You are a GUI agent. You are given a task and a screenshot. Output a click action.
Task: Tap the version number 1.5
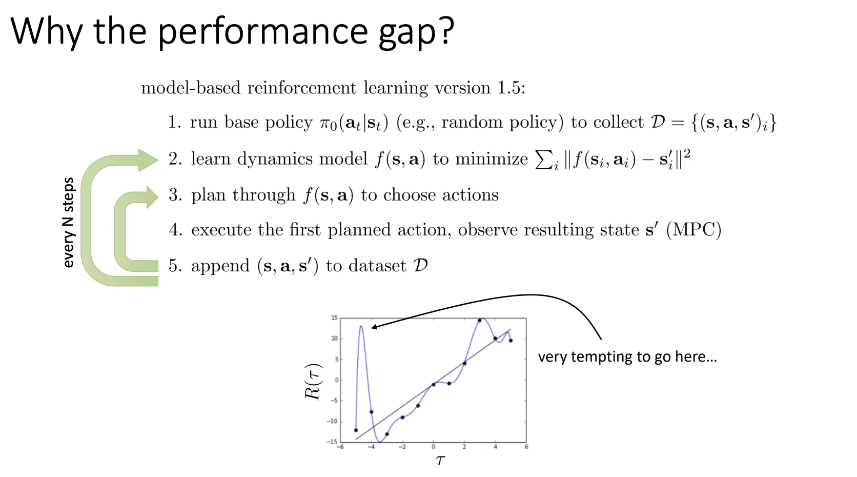[x=508, y=88]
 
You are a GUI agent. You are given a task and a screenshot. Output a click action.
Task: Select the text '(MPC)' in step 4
[x=693, y=230]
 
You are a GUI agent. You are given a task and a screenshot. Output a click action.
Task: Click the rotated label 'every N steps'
[x=68, y=223]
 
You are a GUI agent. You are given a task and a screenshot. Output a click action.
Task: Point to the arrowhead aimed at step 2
[x=148, y=160]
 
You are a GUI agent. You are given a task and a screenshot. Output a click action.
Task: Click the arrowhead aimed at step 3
[x=152, y=197]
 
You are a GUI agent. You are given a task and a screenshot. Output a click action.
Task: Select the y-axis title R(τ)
[x=313, y=382]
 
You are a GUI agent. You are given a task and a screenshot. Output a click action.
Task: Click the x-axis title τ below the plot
[x=440, y=460]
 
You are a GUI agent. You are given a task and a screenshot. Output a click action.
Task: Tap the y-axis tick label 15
[x=334, y=318]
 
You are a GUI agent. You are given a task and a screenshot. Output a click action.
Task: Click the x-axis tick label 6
[x=526, y=447]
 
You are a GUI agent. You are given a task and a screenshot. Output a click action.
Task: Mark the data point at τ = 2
[x=464, y=363]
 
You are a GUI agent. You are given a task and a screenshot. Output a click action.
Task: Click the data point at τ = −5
[x=356, y=430]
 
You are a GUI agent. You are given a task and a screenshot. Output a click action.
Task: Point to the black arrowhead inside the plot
[x=375, y=327]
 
